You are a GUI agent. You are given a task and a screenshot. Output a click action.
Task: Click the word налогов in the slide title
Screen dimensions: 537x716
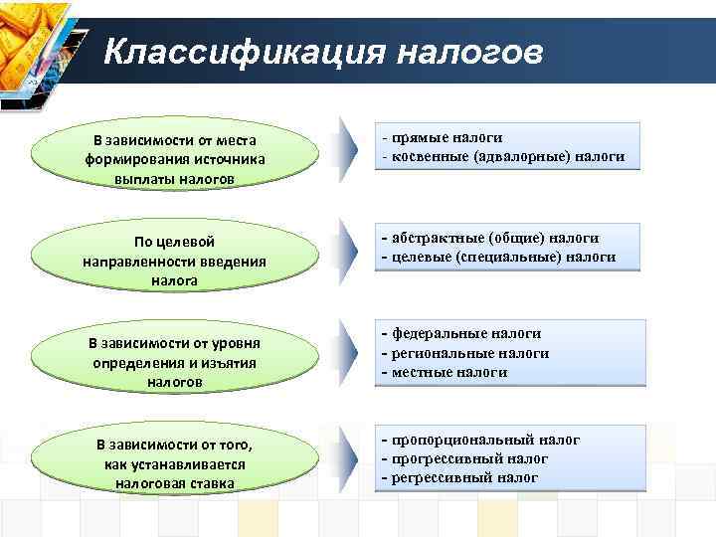coord(471,50)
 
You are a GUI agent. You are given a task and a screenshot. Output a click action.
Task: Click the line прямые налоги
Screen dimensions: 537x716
coord(447,138)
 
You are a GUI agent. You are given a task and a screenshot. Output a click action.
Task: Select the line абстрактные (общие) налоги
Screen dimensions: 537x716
coord(494,238)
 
